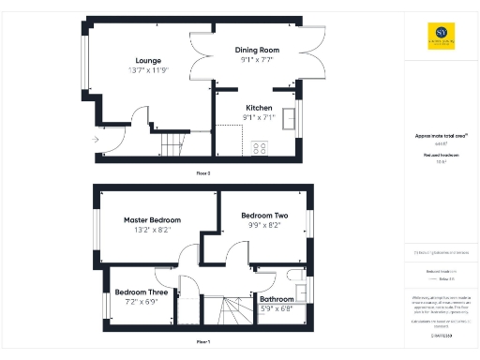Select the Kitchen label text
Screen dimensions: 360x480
point(259,108)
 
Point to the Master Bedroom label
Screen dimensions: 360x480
point(152,220)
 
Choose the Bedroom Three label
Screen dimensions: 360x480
point(142,292)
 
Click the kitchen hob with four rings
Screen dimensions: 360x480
point(260,147)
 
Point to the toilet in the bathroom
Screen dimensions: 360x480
point(295,275)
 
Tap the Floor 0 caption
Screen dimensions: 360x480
point(202,173)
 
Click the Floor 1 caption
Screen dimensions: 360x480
point(202,342)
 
